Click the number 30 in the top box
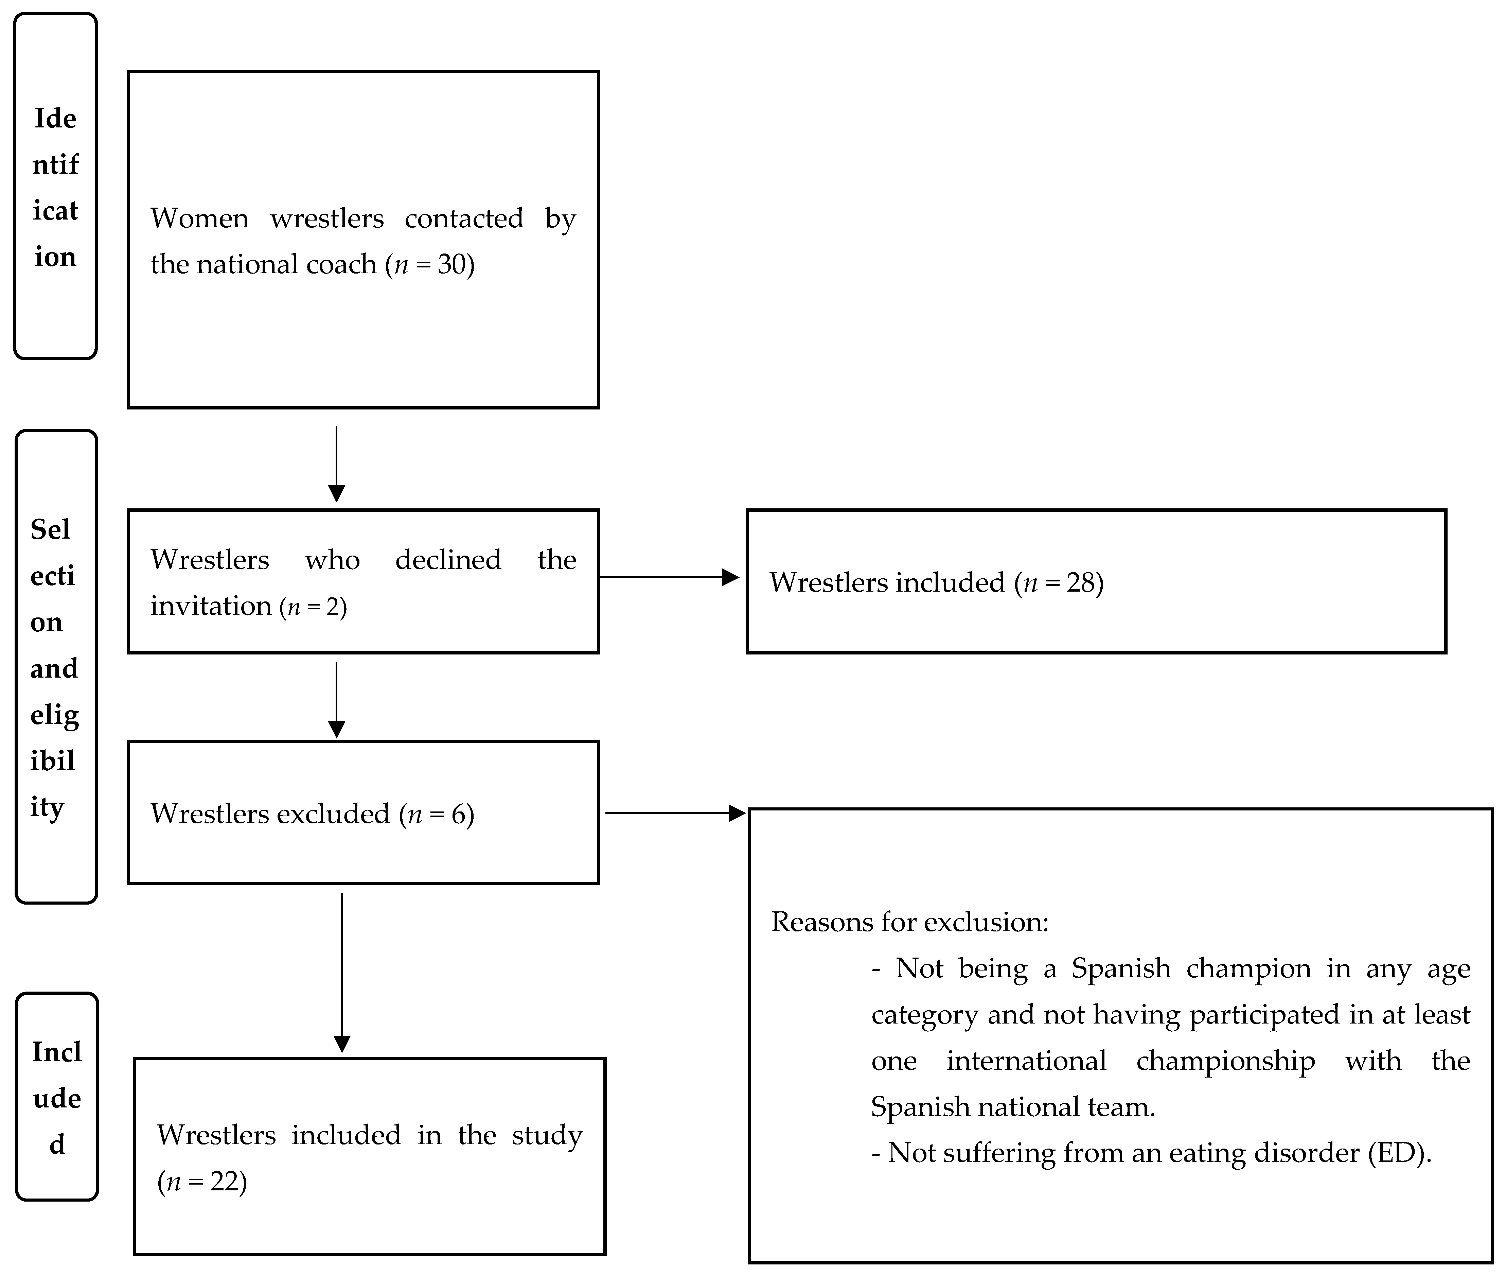pyautogui.click(x=451, y=265)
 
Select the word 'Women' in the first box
pyautogui.click(x=199, y=219)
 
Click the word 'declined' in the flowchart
pyautogui.click(x=447, y=560)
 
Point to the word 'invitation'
pyautogui.click(x=210, y=606)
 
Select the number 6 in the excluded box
pyautogui.click(x=458, y=815)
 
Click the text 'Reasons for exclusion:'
pyautogui.click(x=909, y=922)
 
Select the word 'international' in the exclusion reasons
pyautogui.click(x=1026, y=1061)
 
